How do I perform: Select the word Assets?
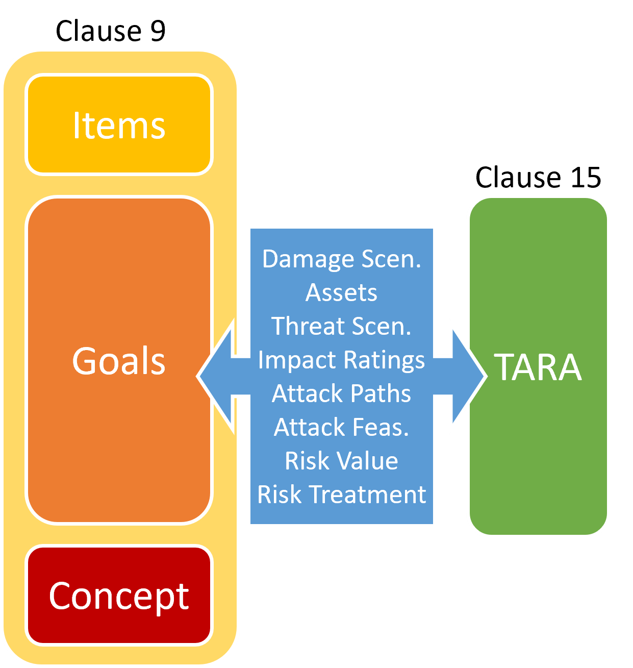[x=341, y=293]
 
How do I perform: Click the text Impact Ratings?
[x=341, y=360]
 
